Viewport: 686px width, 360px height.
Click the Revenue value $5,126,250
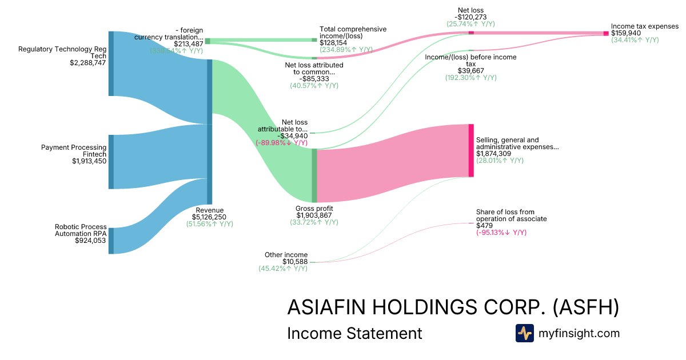[x=210, y=217]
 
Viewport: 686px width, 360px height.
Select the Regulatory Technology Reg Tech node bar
[x=111, y=64]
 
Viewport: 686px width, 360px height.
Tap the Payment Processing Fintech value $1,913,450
[x=82, y=162]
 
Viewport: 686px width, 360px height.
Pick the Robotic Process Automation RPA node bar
[x=111, y=241]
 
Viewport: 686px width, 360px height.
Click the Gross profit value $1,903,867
[x=314, y=215]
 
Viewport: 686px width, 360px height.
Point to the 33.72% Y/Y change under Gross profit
[x=314, y=222]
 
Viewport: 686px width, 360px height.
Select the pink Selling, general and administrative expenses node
[x=471, y=150]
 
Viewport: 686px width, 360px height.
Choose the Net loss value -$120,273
[x=471, y=17]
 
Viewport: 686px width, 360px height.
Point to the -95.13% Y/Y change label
[x=501, y=233]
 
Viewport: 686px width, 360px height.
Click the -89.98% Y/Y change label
[x=282, y=143]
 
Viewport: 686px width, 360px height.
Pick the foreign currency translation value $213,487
[x=189, y=44]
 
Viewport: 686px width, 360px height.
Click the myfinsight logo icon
[x=525, y=333]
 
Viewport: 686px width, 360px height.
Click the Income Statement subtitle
[x=354, y=333]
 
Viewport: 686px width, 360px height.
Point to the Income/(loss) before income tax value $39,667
[x=470, y=70]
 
